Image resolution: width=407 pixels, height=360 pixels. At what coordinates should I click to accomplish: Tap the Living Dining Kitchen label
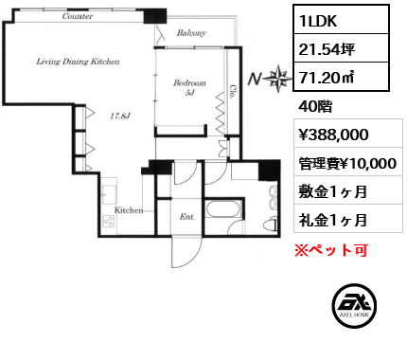(x=78, y=62)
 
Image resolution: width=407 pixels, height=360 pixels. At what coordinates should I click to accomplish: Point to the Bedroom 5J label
(x=189, y=87)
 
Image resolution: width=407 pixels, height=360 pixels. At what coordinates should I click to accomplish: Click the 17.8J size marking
(x=120, y=117)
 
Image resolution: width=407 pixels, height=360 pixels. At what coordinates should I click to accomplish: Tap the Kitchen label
(x=129, y=210)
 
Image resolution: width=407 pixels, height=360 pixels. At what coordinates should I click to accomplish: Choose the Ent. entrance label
(x=187, y=217)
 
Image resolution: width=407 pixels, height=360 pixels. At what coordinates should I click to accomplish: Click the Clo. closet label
(x=233, y=93)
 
